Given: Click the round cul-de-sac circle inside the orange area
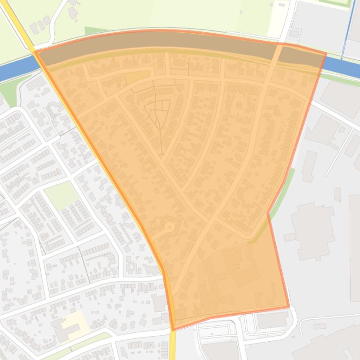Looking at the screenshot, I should [169, 227].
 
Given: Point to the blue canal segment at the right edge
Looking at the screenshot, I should [344, 68].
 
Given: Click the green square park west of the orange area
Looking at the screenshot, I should [61, 194].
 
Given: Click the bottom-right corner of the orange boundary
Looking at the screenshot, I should [288, 307].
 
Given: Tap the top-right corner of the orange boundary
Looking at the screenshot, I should [326, 54].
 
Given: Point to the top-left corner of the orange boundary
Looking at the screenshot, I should [35, 52].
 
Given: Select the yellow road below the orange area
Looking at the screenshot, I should [172, 346].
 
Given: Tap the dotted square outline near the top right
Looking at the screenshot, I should [295, 34].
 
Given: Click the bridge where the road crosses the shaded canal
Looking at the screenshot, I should [278, 52].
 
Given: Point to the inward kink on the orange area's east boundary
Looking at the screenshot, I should [268, 213].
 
